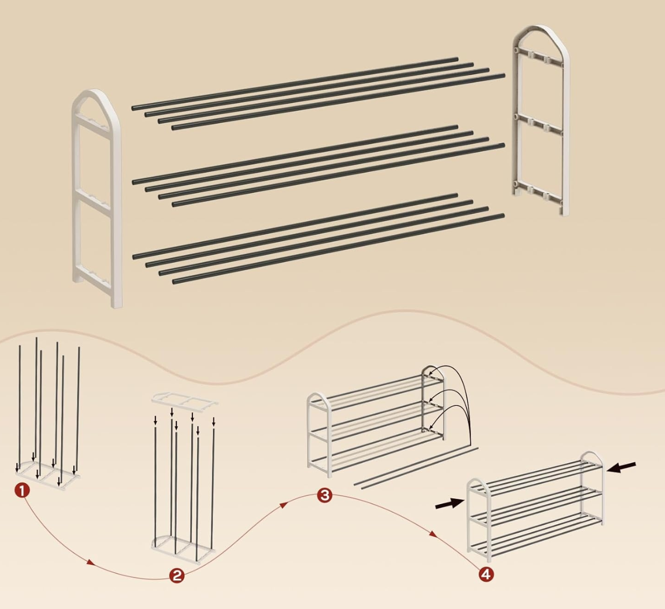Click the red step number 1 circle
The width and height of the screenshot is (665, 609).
pyautogui.click(x=22, y=490)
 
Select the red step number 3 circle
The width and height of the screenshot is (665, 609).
pyautogui.click(x=325, y=495)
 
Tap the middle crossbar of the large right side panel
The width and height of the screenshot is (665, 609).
pyautogui.click(x=539, y=124)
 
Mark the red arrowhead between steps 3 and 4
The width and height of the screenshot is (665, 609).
pyautogui.click(x=433, y=534)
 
